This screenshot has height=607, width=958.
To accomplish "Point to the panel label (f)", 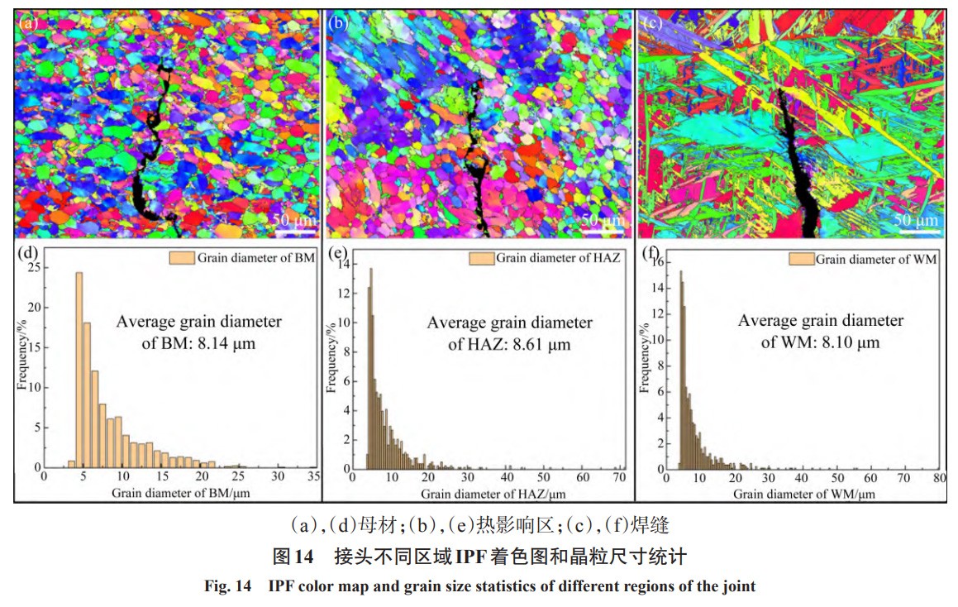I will (651, 253).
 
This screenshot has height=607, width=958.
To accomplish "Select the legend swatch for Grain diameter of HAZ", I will (481, 258).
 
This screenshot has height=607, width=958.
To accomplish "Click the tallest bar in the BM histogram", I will (79, 369).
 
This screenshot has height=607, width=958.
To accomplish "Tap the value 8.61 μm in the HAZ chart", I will (542, 345).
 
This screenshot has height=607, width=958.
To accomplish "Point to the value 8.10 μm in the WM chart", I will (852, 342).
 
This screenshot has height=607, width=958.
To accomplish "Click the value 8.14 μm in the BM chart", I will (226, 342).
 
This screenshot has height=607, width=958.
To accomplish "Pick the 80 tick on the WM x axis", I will (938, 478).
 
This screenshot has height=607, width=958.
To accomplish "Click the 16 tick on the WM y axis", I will (659, 265).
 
